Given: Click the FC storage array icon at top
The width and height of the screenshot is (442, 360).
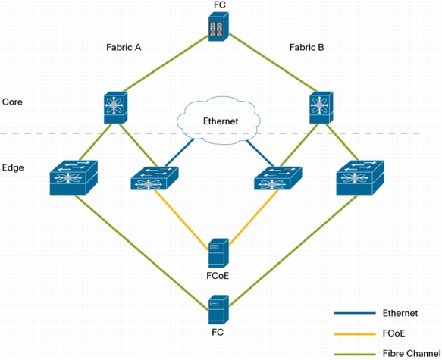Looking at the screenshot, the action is click(x=218, y=27).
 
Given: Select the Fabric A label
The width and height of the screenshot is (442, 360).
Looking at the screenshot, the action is click(x=124, y=47).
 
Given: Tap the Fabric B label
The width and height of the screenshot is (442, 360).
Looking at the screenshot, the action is click(x=307, y=47).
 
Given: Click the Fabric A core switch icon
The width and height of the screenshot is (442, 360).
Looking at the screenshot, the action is click(x=115, y=108).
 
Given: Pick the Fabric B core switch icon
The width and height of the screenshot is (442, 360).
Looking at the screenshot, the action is click(x=321, y=108).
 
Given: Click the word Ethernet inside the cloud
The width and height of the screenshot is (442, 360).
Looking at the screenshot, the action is click(x=221, y=121).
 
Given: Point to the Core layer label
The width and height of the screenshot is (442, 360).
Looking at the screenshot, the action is click(x=12, y=102).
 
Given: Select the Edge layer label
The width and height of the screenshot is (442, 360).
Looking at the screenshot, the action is click(x=13, y=168).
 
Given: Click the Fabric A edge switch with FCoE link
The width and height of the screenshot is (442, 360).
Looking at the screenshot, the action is click(x=155, y=178).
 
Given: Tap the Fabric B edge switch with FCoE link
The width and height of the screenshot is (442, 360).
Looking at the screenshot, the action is click(x=278, y=178).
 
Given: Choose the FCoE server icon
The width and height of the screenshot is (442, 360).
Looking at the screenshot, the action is click(x=218, y=253).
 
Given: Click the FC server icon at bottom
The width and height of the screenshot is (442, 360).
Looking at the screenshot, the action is click(x=218, y=309).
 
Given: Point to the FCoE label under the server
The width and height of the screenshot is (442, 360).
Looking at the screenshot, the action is click(x=218, y=276).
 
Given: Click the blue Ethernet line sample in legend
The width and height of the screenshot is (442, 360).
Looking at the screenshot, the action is click(x=355, y=313).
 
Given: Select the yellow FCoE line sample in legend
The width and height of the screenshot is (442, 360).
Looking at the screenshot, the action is click(x=355, y=334).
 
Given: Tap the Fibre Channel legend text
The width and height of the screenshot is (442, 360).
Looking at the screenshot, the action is click(x=412, y=353).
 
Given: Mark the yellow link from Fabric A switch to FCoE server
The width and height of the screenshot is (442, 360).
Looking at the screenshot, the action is click(x=181, y=220).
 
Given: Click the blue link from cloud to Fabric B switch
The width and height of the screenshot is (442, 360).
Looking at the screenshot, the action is click(x=259, y=153).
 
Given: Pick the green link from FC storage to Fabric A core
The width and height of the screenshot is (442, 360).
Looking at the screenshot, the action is click(x=166, y=63).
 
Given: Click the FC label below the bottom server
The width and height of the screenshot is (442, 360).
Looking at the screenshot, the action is click(x=218, y=333).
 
